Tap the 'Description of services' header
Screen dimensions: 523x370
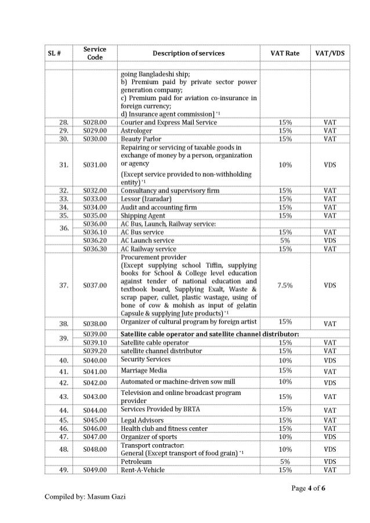188,53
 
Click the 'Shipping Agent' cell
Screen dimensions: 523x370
143,215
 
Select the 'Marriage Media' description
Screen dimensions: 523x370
143,371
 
